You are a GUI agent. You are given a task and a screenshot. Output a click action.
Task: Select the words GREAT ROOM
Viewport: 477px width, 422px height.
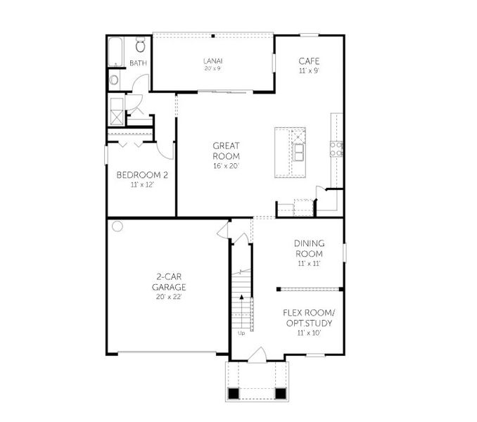click(227, 151)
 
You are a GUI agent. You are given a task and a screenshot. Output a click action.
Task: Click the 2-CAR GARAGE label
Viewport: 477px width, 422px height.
click(169, 282)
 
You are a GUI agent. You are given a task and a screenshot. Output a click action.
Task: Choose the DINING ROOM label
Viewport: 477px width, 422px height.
click(309, 249)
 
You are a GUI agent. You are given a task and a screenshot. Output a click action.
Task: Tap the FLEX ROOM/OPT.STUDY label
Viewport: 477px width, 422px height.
click(309, 318)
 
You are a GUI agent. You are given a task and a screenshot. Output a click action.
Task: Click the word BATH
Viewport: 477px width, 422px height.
click(138, 63)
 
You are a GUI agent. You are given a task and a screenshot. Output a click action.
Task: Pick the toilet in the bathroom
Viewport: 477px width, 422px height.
click(140, 46)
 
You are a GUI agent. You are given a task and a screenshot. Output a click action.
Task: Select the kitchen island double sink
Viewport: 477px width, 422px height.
click(300, 152)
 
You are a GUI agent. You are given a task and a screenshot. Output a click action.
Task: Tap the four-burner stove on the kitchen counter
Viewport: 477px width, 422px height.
click(336, 148)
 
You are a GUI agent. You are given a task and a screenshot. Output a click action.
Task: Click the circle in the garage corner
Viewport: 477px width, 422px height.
click(117, 226)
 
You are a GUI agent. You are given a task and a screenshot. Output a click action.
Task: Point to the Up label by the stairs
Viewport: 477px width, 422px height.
click(241, 333)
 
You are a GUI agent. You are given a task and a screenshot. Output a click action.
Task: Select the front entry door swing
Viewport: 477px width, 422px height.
click(259, 354)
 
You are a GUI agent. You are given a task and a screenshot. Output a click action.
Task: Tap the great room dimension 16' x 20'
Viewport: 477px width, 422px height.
click(227, 167)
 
